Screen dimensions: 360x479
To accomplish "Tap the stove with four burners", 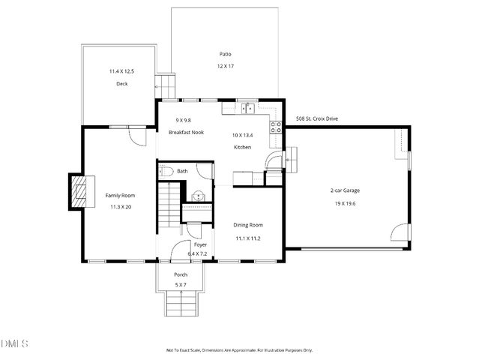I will (275, 127).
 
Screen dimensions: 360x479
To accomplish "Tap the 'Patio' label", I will (225, 54).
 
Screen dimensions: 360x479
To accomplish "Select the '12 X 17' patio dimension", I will (225, 66).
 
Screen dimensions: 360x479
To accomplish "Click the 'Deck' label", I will (121, 84).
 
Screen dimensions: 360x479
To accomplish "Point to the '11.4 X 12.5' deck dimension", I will (121, 71).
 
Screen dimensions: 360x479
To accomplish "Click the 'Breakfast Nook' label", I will (186, 132).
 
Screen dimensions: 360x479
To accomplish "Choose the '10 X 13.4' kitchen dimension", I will (243, 136).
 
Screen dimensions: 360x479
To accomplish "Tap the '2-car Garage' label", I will (345, 190).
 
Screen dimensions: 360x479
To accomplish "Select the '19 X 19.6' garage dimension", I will (345, 203).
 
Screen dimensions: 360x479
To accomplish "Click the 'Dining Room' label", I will (248, 225).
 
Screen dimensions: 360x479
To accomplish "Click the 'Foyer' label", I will (200, 244).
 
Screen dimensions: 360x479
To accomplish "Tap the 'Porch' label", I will (181, 274).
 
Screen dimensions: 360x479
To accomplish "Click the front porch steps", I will (181, 304).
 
